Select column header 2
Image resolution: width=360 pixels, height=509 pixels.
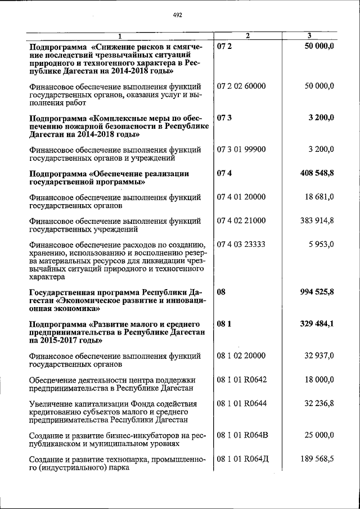[247, 37]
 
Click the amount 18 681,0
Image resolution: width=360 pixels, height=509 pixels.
[319, 196]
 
